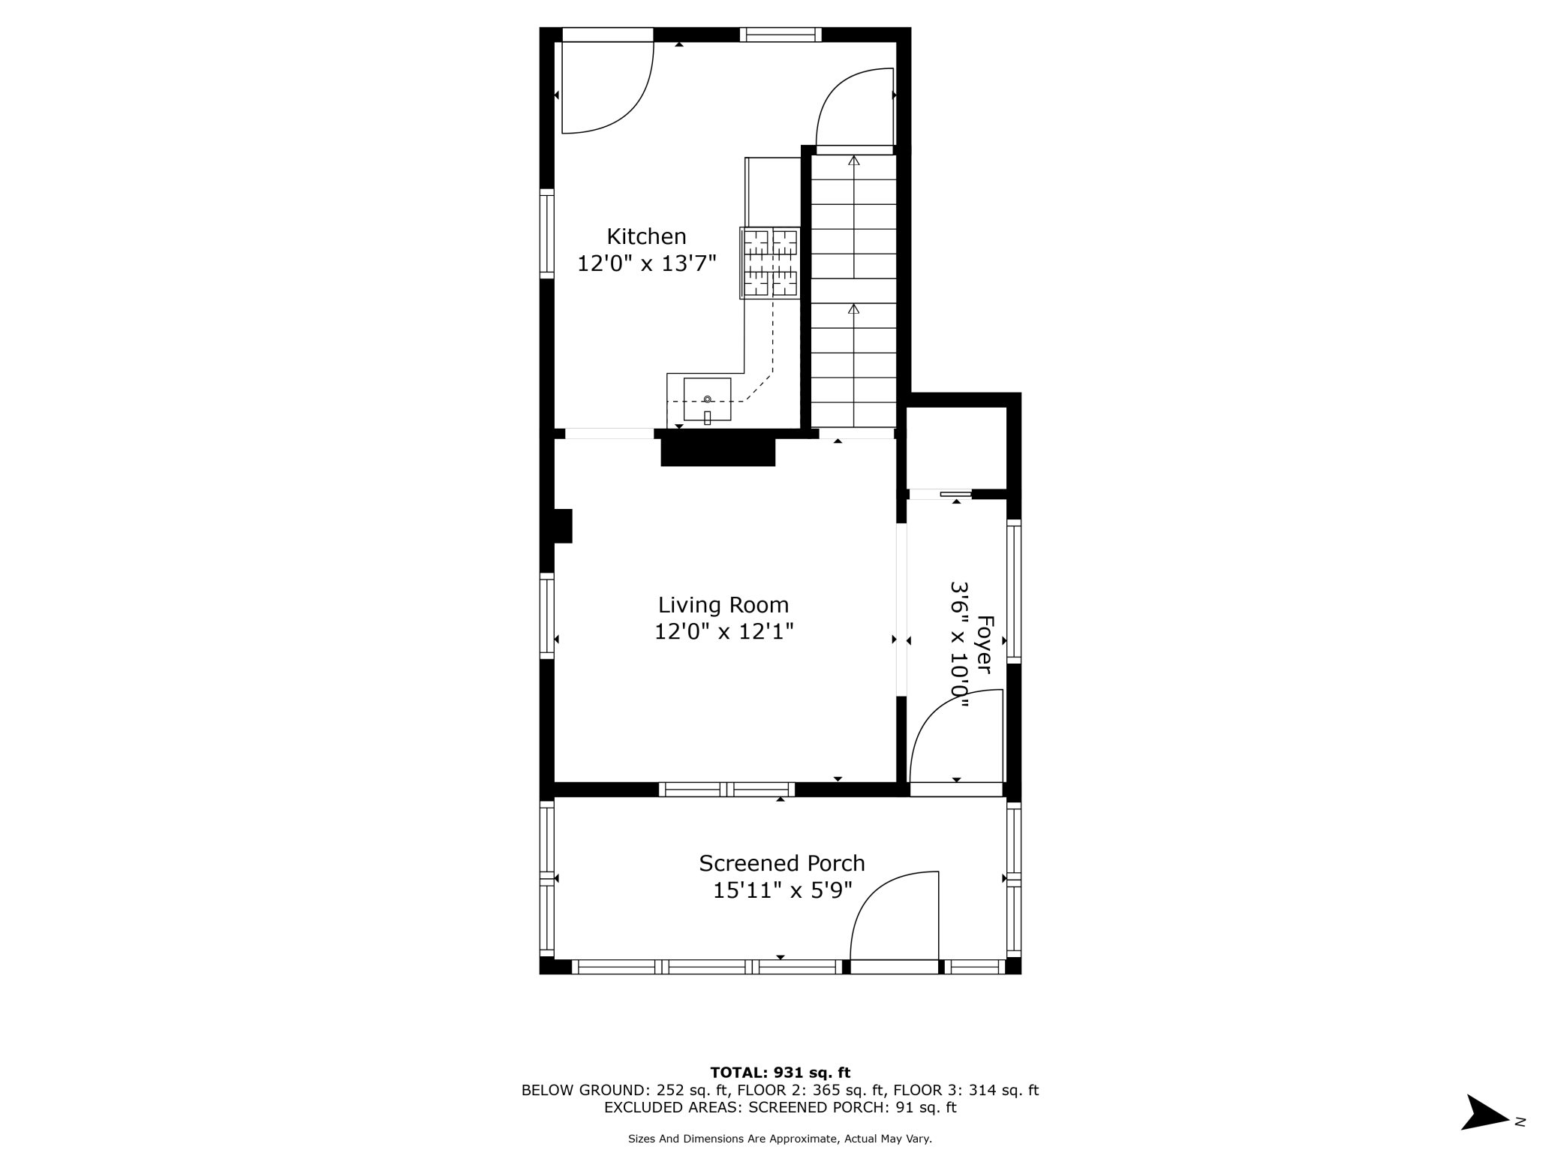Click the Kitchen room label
coord(646,236)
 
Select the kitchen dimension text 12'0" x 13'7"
coord(646,263)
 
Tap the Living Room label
coord(723,605)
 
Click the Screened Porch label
coord(782,863)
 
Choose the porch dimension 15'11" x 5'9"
coord(782,890)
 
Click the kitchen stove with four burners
coord(770,263)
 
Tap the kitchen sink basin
coord(707,399)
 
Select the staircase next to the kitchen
coord(853,293)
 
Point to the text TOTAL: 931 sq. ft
coord(780,1073)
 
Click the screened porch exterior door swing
coord(893,916)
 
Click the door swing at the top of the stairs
coord(856,109)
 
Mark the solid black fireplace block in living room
coord(717,453)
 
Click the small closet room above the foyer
coord(955,447)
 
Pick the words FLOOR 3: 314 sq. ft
coord(965,1090)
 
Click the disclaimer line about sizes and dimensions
coord(780,1139)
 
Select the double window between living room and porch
coord(726,789)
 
